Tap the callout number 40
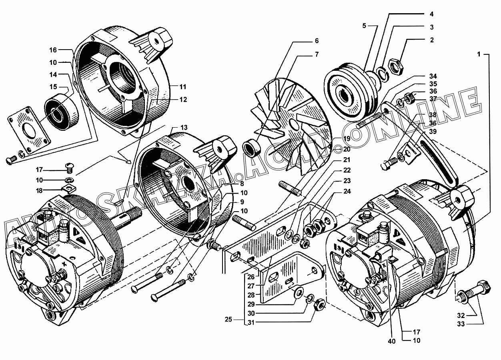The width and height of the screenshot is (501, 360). pos(392,341)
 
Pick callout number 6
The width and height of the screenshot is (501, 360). pos(316,41)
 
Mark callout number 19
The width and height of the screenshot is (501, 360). pos(347,139)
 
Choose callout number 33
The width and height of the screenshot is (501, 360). pos(461,324)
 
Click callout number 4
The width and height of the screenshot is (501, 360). pos(431,14)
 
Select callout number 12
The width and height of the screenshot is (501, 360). pos(183,100)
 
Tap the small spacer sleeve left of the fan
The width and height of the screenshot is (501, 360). pos(252,148)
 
